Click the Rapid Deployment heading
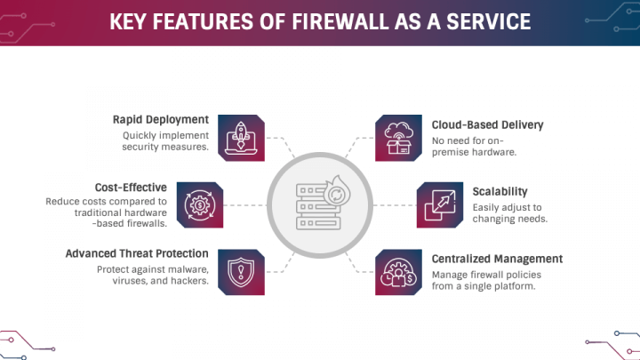coord(160,119)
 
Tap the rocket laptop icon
coord(241,137)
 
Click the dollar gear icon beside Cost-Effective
coord(199,204)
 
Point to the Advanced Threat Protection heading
coord(137,253)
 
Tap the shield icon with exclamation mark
coord(241,271)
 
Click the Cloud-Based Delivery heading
coord(487,125)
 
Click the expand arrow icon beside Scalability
coord(440,204)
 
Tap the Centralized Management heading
coord(497,259)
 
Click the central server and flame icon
coord(320,204)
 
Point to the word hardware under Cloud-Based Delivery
coord(495,152)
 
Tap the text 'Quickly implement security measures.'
coord(165,141)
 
